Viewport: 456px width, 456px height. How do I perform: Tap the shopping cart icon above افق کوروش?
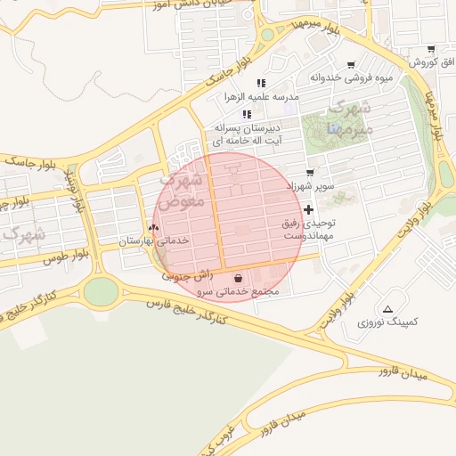coord(431,50)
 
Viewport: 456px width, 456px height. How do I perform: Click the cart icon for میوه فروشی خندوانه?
coord(351,64)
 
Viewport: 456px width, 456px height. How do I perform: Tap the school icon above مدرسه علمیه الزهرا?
coord(261,82)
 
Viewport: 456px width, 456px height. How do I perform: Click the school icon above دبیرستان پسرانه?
coord(247,114)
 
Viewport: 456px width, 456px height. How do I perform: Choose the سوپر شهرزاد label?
coord(309,187)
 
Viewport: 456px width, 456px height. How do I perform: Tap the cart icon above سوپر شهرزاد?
coord(309,173)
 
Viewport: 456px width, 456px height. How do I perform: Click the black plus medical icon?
coord(309,210)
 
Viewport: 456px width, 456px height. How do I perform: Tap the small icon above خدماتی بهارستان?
coord(153,228)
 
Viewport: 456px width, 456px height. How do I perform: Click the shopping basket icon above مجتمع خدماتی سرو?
coord(236,278)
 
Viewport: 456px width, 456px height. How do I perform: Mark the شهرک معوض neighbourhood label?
coord(187,190)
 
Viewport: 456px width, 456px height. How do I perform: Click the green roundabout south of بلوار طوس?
coord(101,291)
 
